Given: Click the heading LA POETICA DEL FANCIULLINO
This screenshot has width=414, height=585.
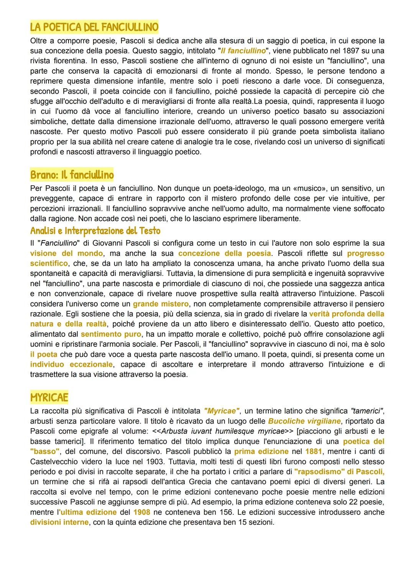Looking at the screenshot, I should [x=94, y=27].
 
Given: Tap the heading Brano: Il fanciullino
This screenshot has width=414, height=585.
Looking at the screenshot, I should [x=72, y=175].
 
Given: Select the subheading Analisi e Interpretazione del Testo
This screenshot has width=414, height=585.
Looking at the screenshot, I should [x=95, y=231].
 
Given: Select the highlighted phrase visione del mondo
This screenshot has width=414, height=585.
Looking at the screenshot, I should [x=66, y=254].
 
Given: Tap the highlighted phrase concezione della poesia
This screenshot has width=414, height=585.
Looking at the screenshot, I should [x=225, y=254].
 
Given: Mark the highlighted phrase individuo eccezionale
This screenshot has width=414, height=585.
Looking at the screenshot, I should [x=72, y=364].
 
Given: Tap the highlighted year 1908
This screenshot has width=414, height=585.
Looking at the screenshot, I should [x=141, y=512].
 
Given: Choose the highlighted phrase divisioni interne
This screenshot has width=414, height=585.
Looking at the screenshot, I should [x=59, y=522].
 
